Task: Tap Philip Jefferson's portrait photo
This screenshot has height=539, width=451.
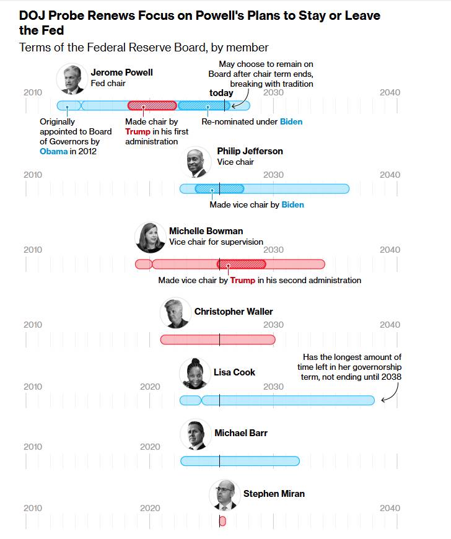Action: click(x=199, y=162)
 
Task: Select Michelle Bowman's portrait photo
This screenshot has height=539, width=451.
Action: click(x=150, y=237)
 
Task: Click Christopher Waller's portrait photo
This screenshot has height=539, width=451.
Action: click(x=175, y=313)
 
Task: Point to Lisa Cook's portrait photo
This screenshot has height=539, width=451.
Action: click(x=195, y=373)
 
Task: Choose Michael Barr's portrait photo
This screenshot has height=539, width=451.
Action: click(x=196, y=434)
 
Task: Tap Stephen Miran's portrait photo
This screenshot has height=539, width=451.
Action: click(x=224, y=494)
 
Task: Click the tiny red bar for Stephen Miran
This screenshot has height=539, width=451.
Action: click(x=222, y=522)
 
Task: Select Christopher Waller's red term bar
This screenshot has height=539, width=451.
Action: click(x=217, y=340)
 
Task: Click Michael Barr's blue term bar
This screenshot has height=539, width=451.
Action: click(x=240, y=461)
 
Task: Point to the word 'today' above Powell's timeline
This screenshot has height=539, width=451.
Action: click(x=221, y=93)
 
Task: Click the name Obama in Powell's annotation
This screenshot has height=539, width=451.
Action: click(x=54, y=151)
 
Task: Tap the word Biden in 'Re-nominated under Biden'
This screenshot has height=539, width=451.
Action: click(x=291, y=122)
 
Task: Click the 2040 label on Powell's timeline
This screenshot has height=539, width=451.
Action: click(x=390, y=92)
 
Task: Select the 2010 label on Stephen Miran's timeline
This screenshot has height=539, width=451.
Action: click(x=33, y=508)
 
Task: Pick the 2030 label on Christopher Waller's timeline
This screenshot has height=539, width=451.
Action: click(x=273, y=325)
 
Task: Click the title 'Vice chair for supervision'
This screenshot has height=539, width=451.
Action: click(x=216, y=242)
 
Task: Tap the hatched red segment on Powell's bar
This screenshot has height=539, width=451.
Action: click(x=152, y=105)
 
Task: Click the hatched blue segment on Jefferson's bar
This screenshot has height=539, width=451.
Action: click(x=219, y=189)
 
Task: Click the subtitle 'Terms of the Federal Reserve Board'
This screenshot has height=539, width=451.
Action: click(x=144, y=48)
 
